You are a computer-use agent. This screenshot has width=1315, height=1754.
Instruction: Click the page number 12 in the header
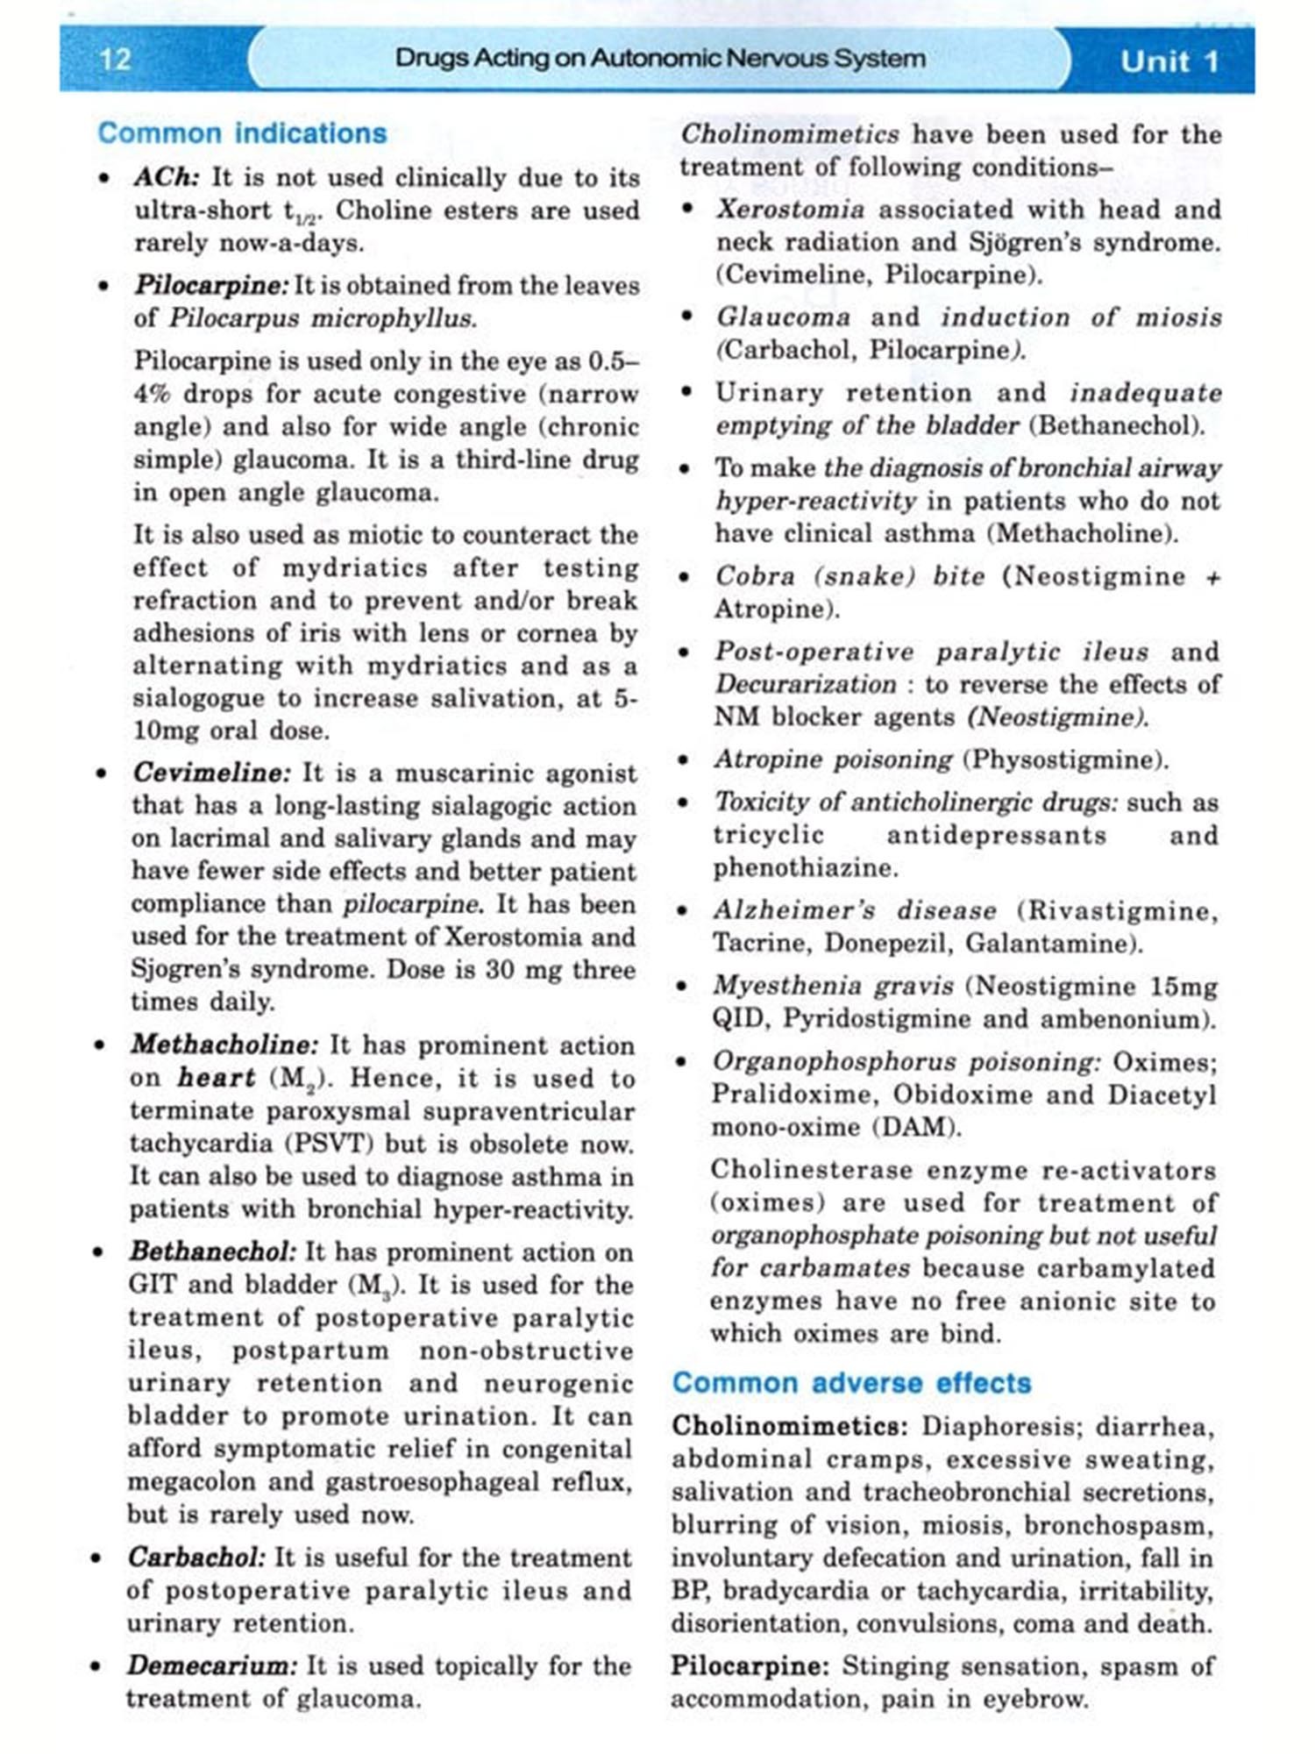coord(116,60)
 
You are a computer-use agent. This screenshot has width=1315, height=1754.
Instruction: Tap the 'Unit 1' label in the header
coord(1169,61)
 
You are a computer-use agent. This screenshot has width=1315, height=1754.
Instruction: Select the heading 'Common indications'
coord(242,133)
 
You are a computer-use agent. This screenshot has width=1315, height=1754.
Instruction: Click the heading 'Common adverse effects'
coord(851,1383)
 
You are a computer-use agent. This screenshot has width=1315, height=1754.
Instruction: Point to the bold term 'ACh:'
coord(167,177)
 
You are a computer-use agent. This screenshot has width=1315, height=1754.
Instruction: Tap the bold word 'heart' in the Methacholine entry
coord(216,1078)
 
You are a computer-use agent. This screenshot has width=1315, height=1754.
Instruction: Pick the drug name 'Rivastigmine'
coord(1122,910)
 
